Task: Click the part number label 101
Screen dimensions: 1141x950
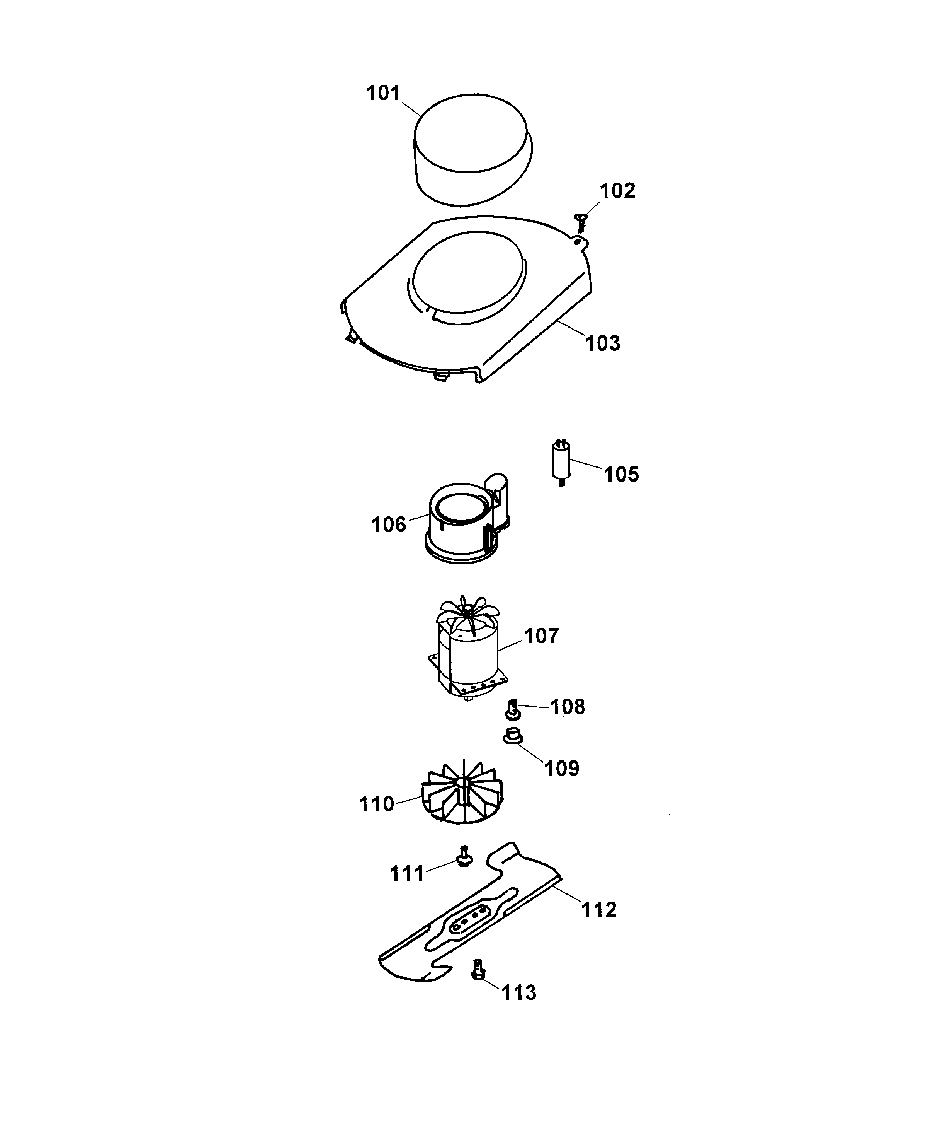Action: [x=383, y=94]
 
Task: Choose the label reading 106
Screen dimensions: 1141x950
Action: [x=389, y=525]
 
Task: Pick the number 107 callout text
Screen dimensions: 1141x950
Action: [x=541, y=636]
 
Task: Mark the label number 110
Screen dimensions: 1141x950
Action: [x=376, y=804]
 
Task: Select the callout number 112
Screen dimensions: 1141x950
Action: [x=599, y=910]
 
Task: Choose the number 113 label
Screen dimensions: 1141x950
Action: [x=518, y=992]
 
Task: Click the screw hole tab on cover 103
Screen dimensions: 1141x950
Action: [x=580, y=240]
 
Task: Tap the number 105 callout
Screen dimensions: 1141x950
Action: [x=622, y=474]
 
